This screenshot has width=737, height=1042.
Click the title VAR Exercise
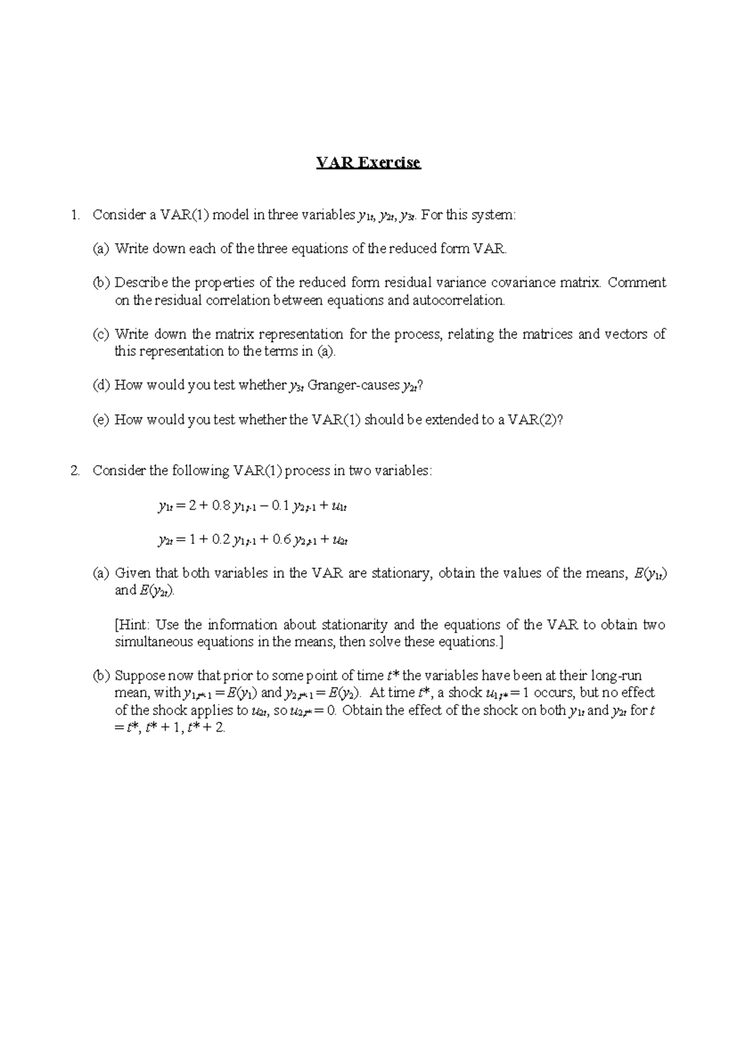tap(368, 163)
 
